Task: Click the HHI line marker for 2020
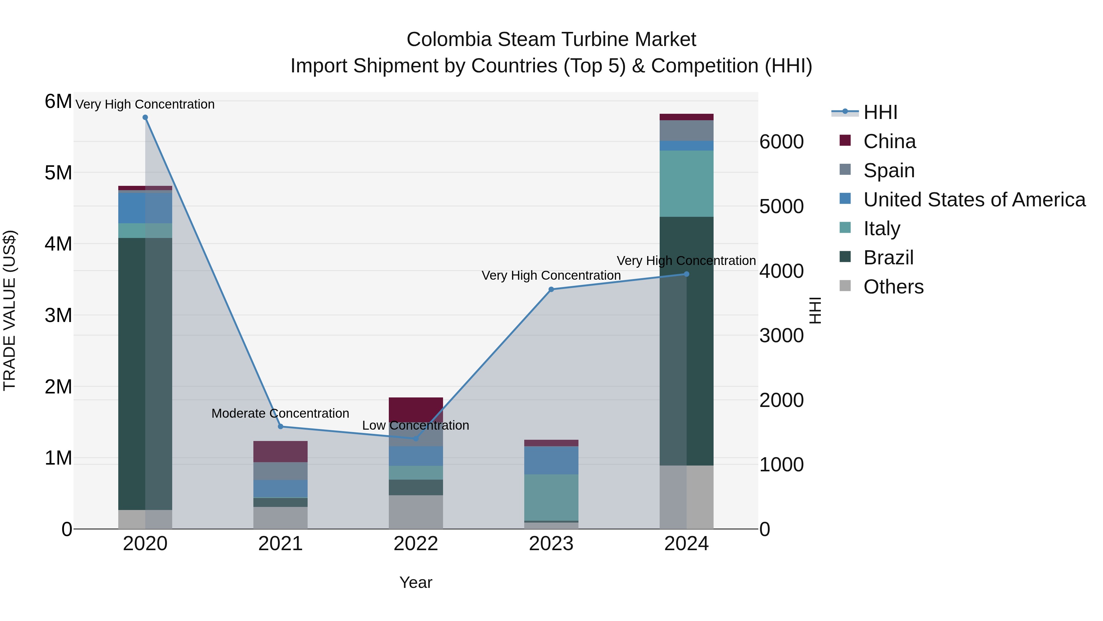(145, 117)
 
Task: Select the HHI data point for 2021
(280, 427)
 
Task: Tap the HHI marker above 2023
(551, 289)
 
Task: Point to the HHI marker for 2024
(686, 274)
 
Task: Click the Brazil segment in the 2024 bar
(686, 341)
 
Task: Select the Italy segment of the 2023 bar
(551, 497)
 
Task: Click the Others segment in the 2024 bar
(686, 497)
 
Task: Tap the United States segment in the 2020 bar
(145, 208)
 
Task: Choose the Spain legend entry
(889, 171)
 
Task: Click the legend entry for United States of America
(974, 200)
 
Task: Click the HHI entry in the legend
(880, 112)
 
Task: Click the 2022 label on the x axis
(416, 544)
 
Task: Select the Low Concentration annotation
(416, 426)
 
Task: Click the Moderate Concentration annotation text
(280, 414)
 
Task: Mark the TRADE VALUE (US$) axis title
(9, 310)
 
